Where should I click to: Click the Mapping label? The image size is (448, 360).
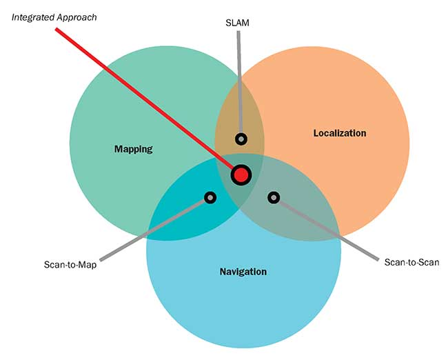(x=133, y=149)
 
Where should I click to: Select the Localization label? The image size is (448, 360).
(x=339, y=133)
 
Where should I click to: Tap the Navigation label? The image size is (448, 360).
(x=243, y=272)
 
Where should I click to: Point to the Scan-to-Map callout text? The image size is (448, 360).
(x=70, y=264)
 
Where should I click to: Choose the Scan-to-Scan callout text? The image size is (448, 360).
(x=411, y=262)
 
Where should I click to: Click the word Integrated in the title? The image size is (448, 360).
(x=32, y=16)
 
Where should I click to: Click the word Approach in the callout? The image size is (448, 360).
(x=77, y=16)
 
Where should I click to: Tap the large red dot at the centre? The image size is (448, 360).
(x=241, y=175)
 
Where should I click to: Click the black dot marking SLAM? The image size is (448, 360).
(x=241, y=139)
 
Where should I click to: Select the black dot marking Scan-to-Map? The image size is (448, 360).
(x=210, y=197)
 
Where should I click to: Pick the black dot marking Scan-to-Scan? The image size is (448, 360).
(x=274, y=197)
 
